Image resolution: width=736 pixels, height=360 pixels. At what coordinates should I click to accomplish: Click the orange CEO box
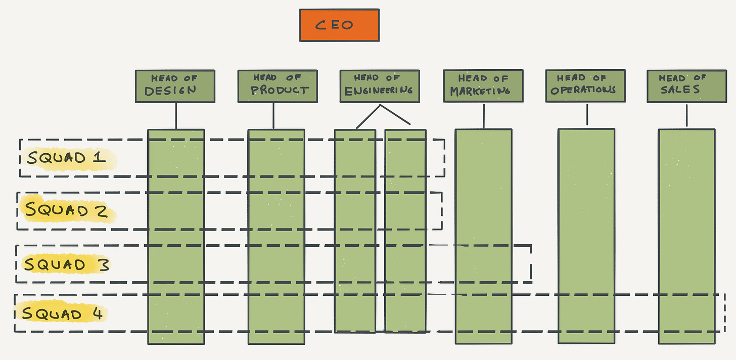pos(339,25)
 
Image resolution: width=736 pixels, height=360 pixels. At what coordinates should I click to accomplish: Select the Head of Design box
pos(175,86)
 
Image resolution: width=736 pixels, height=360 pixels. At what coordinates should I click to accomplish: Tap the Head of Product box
pos(278,86)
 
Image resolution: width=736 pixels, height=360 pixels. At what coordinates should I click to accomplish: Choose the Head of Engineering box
pos(379,86)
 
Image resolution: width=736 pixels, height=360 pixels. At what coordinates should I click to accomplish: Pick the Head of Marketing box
pos(483,86)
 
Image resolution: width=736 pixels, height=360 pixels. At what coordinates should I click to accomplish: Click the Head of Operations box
pos(585,86)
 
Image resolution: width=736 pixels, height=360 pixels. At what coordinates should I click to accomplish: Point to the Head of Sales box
pos(686,86)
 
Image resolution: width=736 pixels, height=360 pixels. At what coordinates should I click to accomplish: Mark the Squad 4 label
pos(63,313)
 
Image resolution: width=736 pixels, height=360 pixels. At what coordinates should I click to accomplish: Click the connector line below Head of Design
pos(176,116)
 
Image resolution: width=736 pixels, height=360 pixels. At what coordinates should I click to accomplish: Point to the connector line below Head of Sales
pos(686,115)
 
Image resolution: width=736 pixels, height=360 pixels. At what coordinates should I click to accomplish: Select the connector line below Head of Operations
pos(587,114)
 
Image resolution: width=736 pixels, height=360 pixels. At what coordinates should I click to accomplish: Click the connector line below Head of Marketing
pos(484,116)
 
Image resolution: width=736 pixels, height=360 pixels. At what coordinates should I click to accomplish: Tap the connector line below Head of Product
pos(273,116)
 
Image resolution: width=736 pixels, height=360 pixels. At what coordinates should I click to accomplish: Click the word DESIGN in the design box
pos(170,91)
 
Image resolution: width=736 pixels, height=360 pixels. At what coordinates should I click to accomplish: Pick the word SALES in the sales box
pos(680,90)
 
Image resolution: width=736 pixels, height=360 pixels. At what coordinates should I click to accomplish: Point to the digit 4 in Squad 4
pos(97,313)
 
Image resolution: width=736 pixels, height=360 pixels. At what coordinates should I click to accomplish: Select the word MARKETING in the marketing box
pos(480,92)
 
